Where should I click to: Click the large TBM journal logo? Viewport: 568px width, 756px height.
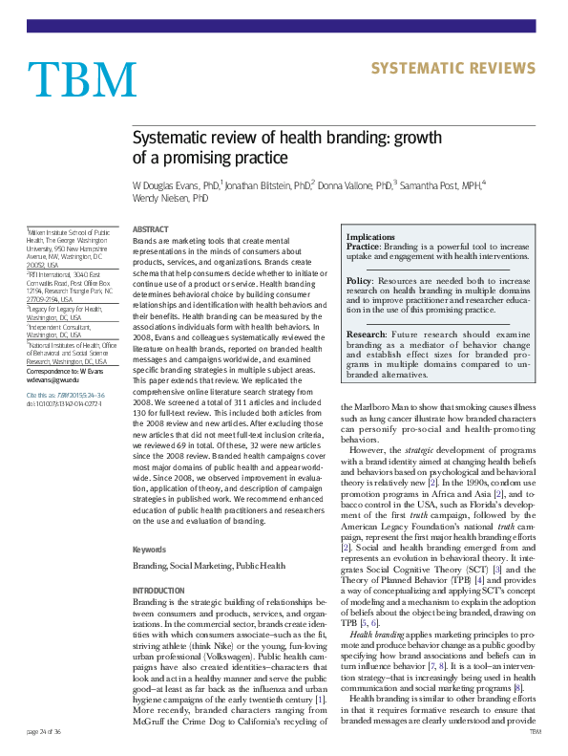[x=82, y=80]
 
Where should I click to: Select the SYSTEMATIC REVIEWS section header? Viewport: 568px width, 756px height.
[x=452, y=68]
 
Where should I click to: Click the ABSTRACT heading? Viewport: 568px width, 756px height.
[x=149, y=229]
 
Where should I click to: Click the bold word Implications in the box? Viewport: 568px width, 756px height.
[x=370, y=236]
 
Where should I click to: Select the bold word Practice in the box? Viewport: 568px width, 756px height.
[x=362, y=246]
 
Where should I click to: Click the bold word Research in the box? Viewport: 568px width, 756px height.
[x=366, y=335]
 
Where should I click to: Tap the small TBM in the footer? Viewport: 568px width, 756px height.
[x=535, y=730]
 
